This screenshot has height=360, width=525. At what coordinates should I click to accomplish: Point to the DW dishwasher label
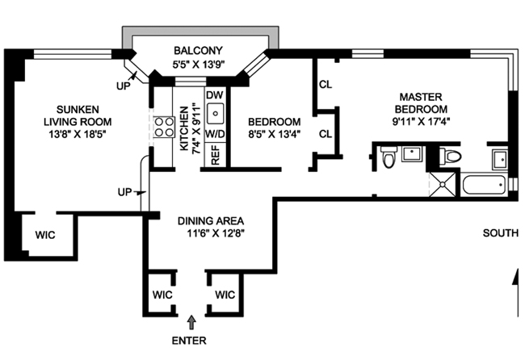(214, 95)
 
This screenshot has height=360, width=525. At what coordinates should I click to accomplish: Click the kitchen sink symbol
(215, 114)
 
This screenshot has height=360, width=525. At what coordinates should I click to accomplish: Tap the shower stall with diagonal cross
(443, 182)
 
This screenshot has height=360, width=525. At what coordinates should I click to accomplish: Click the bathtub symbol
(485, 183)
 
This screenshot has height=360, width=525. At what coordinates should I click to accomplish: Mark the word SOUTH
(500, 233)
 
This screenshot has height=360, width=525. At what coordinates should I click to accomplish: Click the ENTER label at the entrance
(192, 340)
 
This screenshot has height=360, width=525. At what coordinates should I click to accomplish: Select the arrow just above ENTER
(192, 323)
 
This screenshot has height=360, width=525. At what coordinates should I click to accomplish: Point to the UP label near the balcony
(122, 84)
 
